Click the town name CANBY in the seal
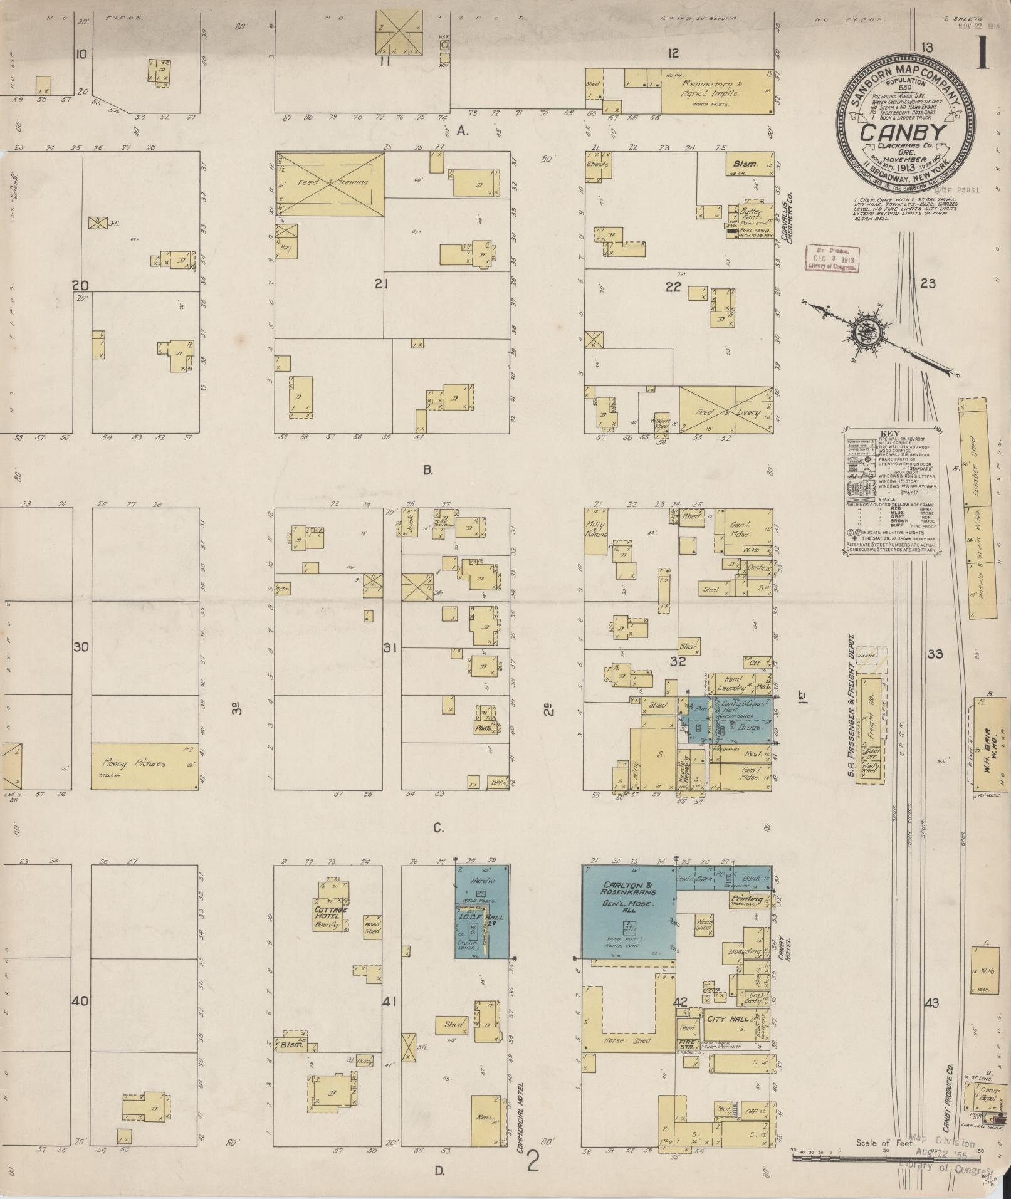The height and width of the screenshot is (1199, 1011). pyautogui.click(x=902, y=133)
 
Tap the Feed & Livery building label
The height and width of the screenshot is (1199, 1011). pyautogui.click(x=726, y=414)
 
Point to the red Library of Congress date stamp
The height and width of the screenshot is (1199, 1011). pyautogui.click(x=832, y=258)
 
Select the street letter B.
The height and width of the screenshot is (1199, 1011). pyautogui.click(x=428, y=470)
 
